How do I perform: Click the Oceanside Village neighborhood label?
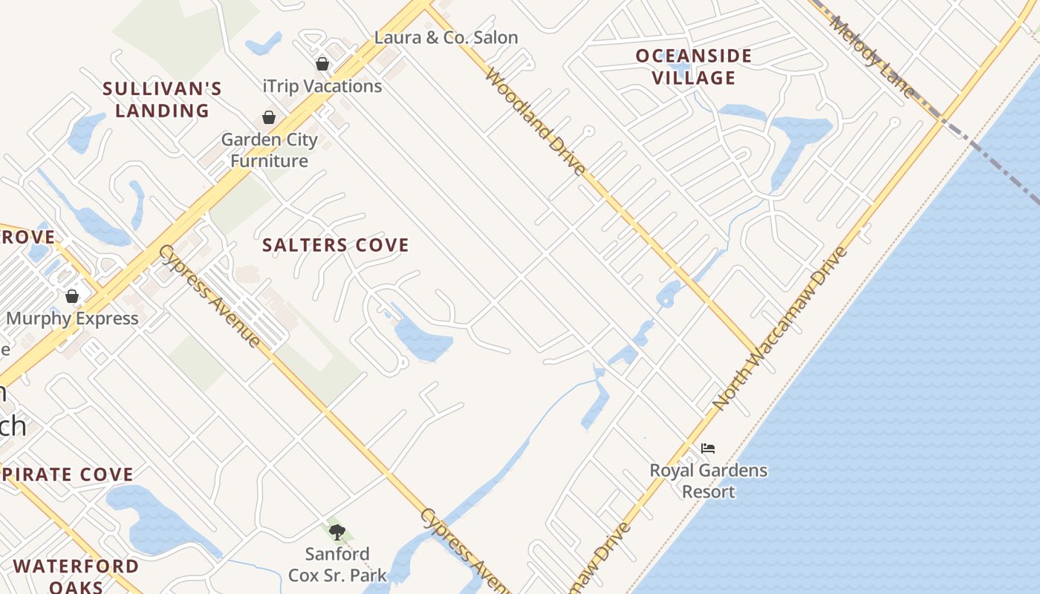tap(694, 67)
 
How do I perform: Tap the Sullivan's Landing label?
tap(162, 99)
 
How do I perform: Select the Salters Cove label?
tap(336, 245)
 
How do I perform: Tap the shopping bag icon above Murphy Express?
tap(72, 296)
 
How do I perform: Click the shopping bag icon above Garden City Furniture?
tap(269, 117)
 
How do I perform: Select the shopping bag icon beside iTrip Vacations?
tap(322, 64)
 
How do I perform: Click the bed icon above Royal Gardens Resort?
tap(708, 448)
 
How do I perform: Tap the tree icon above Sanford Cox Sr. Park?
tap(337, 532)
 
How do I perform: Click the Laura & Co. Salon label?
tap(446, 37)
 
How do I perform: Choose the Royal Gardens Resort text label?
tap(709, 480)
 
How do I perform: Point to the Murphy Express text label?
tap(72, 319)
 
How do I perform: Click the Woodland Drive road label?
tap(535, 123)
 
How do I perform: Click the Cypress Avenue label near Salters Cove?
tap(210, 296)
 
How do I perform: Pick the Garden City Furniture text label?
tap(269, 150)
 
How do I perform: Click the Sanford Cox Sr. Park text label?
tap(338, 564)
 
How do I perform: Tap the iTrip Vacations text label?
tap(322, 86)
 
